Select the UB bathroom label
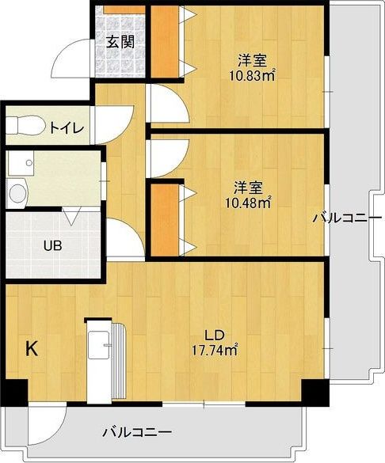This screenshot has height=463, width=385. [53, 245]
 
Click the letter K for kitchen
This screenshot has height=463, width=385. [32, 347]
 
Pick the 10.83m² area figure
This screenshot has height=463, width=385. [252, 75]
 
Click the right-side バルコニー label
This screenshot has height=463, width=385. [341, 217]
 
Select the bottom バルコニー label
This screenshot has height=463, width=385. [136, 432]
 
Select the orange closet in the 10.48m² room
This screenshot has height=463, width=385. [163, 220]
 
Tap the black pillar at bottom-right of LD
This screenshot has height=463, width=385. [315, 391]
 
